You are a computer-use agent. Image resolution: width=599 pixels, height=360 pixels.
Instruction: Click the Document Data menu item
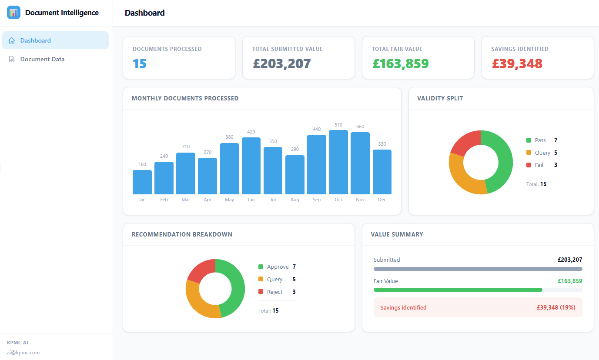[42, 59]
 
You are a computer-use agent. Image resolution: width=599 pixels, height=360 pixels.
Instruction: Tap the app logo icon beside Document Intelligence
[13, 13]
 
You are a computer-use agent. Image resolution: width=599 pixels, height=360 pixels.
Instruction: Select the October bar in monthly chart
[338, 162]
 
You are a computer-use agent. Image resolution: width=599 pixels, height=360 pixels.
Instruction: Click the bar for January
[142, 182]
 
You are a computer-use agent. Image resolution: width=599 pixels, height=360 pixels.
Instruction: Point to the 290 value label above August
[294, 149]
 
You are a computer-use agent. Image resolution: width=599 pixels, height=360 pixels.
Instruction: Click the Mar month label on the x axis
[186, 200]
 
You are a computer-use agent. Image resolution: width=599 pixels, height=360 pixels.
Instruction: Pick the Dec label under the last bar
[382, 200]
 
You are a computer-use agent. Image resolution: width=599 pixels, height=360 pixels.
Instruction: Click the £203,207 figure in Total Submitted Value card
[281, 63]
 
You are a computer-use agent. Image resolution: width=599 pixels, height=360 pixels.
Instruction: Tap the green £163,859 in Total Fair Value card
[400, 63]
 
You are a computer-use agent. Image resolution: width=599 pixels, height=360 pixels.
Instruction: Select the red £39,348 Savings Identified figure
[517, 63]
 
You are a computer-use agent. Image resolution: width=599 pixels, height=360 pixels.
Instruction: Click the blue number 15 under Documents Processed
[140, 63]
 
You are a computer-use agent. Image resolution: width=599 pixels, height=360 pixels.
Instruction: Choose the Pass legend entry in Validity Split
[540, 140]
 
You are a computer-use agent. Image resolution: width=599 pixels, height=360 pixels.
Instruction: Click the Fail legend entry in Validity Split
[539, 165]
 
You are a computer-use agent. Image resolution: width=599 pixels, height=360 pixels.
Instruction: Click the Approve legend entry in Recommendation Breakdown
[278, 267]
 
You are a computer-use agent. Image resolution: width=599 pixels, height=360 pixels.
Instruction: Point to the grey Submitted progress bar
[478, 269]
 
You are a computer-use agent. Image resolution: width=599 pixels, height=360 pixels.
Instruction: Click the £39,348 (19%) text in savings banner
[555, 307]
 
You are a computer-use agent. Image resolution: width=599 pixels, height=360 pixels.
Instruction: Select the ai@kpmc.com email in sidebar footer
[23, 353]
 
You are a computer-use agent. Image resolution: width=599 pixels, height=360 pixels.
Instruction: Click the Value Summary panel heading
[397, 234]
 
